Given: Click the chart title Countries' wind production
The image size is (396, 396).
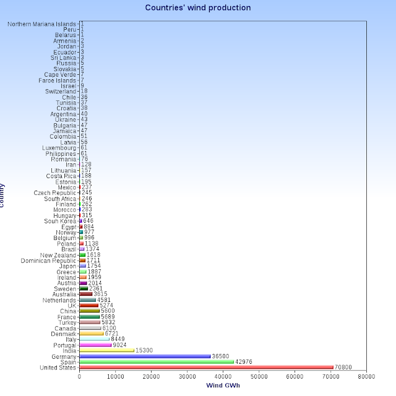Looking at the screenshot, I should (x=198, y=8).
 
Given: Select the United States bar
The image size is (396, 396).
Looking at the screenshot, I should (x=207, y=368).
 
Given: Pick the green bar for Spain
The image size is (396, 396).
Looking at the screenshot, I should (x=157, y=361).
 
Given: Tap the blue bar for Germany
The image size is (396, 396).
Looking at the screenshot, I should (x=145, y=356).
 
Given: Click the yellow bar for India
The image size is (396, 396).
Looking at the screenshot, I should (x=107, y=350).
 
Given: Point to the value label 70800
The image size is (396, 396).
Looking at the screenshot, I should (x=344, y=368).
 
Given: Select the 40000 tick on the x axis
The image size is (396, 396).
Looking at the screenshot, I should (x=223, y=376).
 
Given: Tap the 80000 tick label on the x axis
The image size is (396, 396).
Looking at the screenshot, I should (x=366, y=376).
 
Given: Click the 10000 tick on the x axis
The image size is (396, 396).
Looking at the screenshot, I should (x=115, y=376).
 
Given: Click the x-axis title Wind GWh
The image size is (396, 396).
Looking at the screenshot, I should (x=223, y=386).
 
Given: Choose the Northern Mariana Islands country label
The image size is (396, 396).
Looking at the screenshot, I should (x=42, y=24).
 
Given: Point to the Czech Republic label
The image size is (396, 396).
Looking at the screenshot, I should (x=55, y=192).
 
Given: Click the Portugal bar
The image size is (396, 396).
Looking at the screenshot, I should (x=96, y=345).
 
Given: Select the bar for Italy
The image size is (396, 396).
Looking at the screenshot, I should (x=95, y=339).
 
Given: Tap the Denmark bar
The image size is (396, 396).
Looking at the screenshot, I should (x=92, y=334).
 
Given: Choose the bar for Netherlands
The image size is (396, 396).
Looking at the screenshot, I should (x=88, y=299).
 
